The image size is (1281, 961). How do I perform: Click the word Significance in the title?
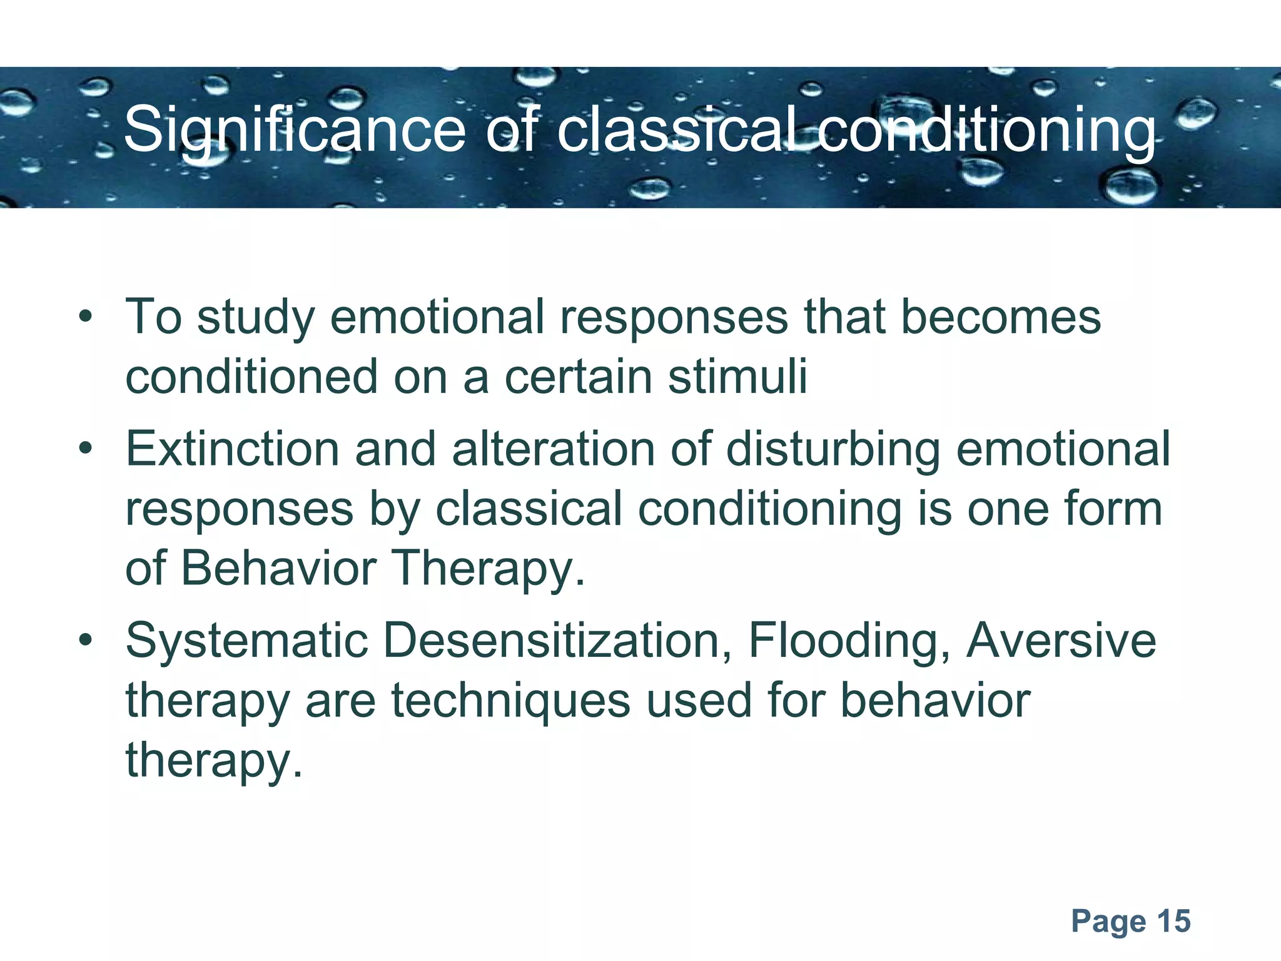click(295, 130)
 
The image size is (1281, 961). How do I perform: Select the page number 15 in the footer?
click(1173, 921)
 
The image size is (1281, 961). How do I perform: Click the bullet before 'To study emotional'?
click(86, 317)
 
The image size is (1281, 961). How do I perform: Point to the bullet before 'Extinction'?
click(86, 449)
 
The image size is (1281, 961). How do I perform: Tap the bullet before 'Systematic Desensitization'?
click(86, 641)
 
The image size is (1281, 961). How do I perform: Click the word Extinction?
click(232, 449)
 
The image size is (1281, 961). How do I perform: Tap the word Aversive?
click(1061, 641)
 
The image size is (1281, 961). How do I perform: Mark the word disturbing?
click(833, 449)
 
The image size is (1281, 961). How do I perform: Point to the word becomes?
click(1000, 317)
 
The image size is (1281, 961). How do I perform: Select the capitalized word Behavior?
click(278, 568)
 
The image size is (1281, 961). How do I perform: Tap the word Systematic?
click(247, 641)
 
